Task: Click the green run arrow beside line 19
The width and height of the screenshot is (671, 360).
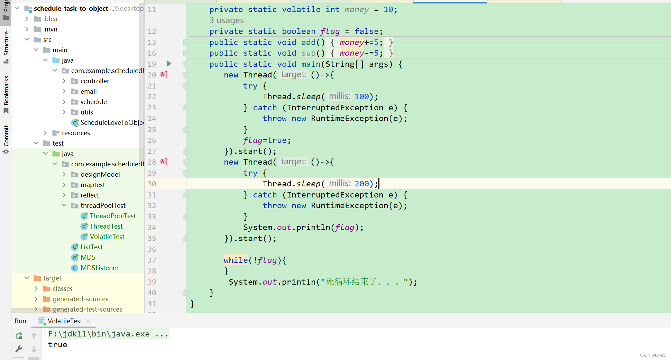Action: point(169,64)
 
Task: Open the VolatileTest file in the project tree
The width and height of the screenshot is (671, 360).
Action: point(107,237)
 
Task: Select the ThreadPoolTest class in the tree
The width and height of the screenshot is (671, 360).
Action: point(113,216)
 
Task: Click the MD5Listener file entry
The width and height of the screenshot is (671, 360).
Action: point(99,268)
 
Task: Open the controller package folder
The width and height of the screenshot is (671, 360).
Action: point(95,81)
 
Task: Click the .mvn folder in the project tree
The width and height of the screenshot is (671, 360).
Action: point(50,29)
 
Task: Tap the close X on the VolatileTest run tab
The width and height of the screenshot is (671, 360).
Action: point(88,321)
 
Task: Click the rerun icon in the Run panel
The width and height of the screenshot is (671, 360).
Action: point(19,336)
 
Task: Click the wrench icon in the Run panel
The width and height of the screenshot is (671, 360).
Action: point(19,349)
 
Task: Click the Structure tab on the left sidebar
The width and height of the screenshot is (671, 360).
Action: point(6,47)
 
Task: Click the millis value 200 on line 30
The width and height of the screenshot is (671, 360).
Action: point(362,184)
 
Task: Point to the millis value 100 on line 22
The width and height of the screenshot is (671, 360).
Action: point(362,96)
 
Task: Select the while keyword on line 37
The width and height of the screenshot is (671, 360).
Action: point(236,260)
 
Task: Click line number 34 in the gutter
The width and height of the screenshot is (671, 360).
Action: point(152,227)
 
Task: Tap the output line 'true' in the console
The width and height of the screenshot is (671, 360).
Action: point(58,344)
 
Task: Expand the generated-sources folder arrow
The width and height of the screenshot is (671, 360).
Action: point(36,299)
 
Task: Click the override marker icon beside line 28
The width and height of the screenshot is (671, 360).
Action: point(164,161)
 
